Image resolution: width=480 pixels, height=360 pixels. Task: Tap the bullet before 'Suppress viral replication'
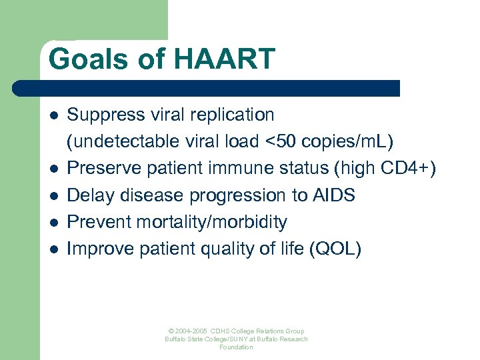pyautogui.click(x=53, y=115)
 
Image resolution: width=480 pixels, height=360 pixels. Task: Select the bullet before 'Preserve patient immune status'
pyautogui.click(x=53, y=169)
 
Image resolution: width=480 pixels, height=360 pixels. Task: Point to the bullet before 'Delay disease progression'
pyautogui.click(x=53, y=195)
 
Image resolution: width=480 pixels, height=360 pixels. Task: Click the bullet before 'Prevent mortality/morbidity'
pyautogui.click(x=53, y=222)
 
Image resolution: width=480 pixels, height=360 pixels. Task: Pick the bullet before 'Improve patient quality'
pyautogui.click(x=53, y=249)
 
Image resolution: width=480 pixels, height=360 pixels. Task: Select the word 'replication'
pyautogui.click(x=233, y=115)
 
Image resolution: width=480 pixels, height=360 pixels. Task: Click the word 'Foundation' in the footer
pyautogui.click(x=237, y=347)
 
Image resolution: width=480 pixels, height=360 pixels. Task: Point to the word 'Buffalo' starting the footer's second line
pyautogui.click(x=177, y=339)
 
